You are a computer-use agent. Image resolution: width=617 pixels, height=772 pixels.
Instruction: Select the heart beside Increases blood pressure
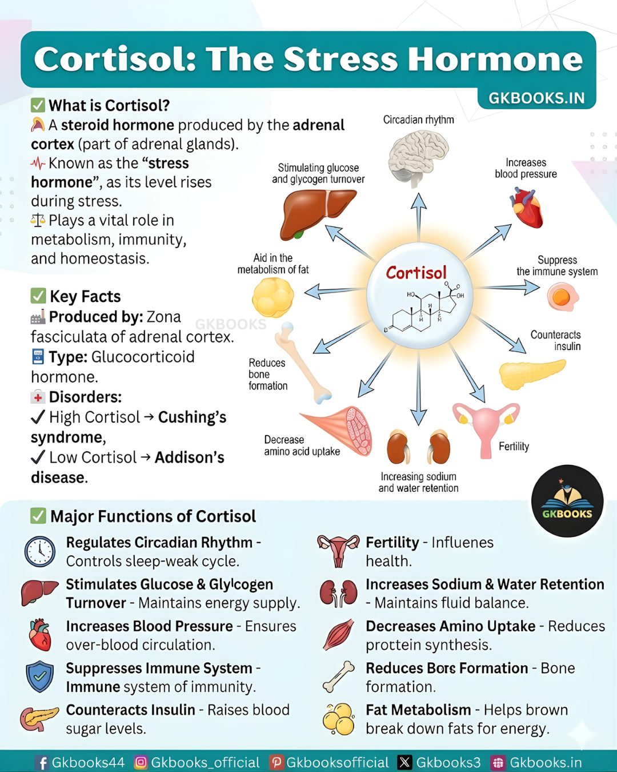pyautogui.click(x=526, y=208)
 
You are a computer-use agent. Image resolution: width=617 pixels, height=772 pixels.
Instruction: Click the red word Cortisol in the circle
pyautogui.click(x=416, y=273)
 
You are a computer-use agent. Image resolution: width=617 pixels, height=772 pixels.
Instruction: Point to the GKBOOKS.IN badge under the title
pyautogui.click(x=536, y=98)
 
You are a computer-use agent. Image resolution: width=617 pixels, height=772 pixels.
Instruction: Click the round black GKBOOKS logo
pyautogui.click(x=567, y=501)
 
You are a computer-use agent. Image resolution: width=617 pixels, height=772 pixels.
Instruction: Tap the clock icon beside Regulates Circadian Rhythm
pyautogui.click(x=40, y=552)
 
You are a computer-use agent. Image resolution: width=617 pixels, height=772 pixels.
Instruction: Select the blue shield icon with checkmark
pyautogui.click(x=40, y=677)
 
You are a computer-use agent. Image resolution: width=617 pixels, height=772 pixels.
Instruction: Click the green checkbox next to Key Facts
pyautogui.click(x=38, y=296)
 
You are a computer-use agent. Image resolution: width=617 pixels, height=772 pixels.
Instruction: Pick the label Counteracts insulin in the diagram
pyautogui.click(x=555, y=340)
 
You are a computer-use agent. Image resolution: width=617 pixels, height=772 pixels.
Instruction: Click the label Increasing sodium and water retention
pyautogui.click(x=418, y=482)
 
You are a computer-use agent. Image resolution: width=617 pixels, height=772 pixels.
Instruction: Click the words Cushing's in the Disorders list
pyautogui.click(x=192, y=417)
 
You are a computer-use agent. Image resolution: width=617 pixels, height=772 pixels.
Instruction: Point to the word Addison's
pyautogui.click(x=189, y=457)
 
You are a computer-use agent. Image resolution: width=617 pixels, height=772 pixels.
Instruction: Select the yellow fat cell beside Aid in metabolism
pyautogui.click(x=273, y=297)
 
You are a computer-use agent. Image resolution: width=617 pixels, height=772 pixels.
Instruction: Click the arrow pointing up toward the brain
pyautogui.click(x=418, y=217)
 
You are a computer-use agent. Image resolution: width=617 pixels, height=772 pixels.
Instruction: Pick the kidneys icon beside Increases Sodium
pyautogui.click(x=338, y=594)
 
